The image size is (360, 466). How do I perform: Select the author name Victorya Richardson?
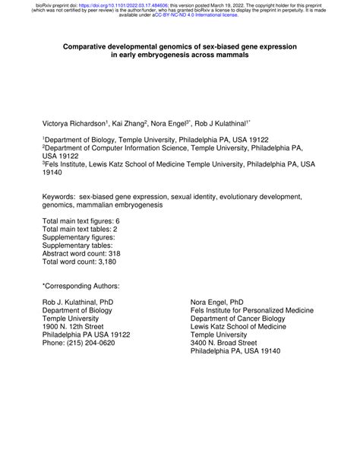coord(74,122)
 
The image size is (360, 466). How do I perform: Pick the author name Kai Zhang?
coord(131,122)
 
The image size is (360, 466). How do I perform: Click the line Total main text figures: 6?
coord(81,220)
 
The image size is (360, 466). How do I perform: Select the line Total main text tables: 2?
coord(80,229)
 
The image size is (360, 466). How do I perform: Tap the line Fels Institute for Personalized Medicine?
coord(251,310)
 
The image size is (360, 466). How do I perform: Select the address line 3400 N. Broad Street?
coord(227,343)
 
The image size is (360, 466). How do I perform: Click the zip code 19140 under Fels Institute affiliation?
coord(53,173)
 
